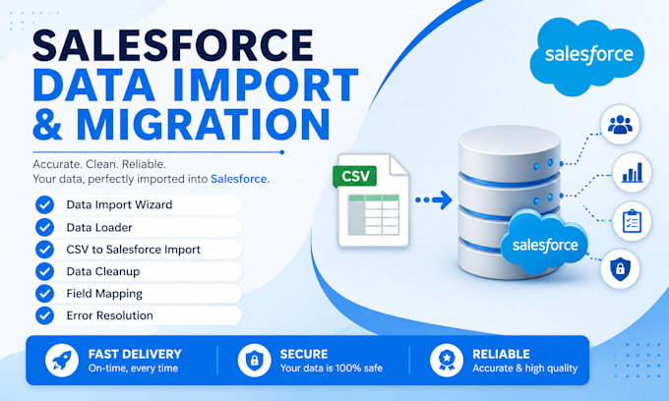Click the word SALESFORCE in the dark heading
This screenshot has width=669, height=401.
173,45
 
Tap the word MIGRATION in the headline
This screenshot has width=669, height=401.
203,124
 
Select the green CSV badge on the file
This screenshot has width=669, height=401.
354,176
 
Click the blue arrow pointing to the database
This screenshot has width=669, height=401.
434,200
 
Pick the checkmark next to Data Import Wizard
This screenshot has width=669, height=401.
45,204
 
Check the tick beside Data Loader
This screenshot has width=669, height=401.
45,227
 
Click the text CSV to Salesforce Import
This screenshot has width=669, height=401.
133,250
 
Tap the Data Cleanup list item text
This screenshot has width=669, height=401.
103,271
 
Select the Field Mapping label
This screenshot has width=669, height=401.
104,294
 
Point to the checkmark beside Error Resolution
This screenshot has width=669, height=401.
45,315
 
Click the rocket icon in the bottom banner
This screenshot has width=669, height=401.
62,361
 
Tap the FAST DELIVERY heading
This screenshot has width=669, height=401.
135,354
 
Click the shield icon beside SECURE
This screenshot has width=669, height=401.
254,361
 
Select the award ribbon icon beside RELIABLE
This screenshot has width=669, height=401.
447,361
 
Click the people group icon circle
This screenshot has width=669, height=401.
620,125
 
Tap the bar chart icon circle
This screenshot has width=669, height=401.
632,172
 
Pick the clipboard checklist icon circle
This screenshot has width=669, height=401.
632,221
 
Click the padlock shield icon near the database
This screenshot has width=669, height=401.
620,269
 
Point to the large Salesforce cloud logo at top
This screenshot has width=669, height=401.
587,56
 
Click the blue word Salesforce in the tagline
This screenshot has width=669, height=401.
240,179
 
